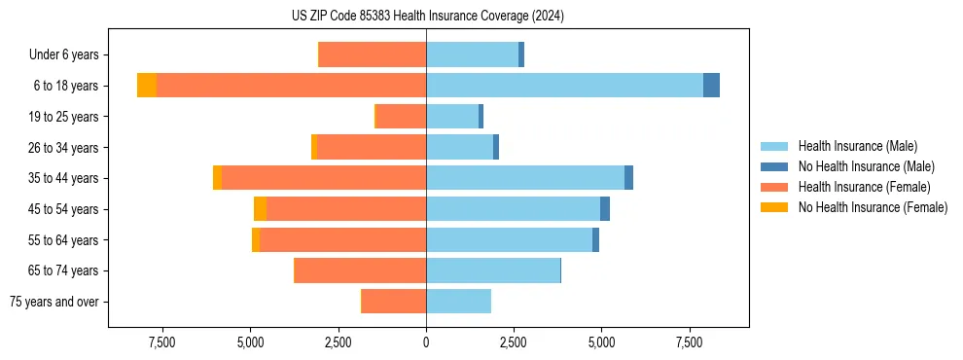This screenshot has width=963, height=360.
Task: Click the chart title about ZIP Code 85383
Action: [427, 17]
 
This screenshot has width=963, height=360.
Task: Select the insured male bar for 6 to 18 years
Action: [564, 86]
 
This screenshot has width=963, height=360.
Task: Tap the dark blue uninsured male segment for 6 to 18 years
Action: [711, 86]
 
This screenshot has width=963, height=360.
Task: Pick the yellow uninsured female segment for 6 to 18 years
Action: [147, 86]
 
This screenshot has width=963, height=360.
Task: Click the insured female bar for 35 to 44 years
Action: [324, 178]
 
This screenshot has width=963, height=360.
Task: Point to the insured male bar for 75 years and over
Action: [458, 302]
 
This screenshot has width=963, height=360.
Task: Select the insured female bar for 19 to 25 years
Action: [401, 117]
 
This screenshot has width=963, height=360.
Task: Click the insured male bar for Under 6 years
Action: [472, 54]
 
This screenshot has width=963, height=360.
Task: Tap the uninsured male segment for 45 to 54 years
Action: [605, 209]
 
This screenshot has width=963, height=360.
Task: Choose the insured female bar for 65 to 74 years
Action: [360, 270]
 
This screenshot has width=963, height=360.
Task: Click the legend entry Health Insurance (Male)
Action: [857, 146]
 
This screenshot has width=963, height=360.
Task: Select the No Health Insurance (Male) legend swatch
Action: [775, 166]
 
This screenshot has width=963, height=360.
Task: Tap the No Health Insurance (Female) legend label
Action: [873, 207]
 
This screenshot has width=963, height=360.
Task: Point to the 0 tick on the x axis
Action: [426, 342]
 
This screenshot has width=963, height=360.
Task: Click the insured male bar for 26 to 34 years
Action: [459, 147]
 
